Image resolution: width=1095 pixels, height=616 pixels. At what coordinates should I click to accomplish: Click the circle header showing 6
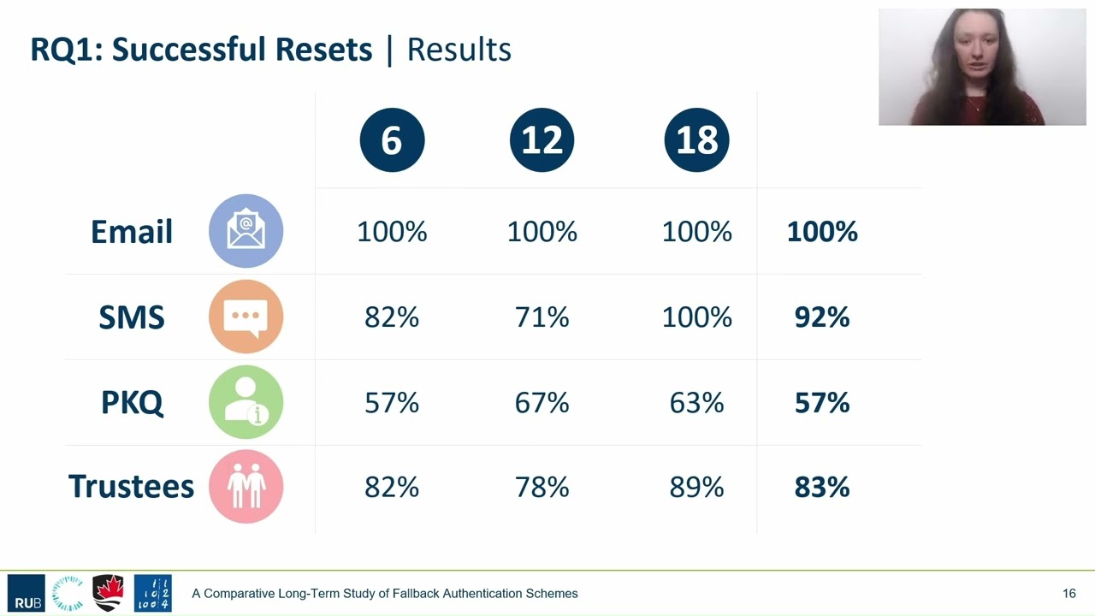click(x=392, y=139)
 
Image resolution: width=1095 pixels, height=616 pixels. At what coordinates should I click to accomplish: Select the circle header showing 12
click(x=542, y=139)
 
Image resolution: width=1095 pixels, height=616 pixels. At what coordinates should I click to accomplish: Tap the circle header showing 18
click(x=696, y=139)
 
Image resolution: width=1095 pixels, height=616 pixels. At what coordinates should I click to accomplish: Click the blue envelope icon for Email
click(x=246, y=231)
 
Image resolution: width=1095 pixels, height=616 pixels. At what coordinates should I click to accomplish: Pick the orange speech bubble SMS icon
click(x=246, y=317)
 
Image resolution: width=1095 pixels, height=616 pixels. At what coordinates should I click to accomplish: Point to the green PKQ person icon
click(x=246, y=402)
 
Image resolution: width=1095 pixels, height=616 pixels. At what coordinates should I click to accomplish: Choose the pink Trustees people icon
click(x=246, y=487)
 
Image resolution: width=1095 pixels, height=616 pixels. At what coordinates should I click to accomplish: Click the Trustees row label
click(x=131, y=487)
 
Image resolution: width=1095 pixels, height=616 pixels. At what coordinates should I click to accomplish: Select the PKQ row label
click(x=132, y=403)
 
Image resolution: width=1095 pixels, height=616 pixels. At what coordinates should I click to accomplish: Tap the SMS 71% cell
click(x=542, y=317)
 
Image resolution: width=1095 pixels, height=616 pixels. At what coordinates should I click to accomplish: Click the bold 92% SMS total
click(x=822, y=317)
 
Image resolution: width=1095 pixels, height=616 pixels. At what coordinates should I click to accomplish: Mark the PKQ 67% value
click(x=542, y=403)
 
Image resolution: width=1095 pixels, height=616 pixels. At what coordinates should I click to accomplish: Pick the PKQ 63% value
click(x=696, y=403)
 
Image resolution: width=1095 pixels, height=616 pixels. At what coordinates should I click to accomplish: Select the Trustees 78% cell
click(x=542, y=487)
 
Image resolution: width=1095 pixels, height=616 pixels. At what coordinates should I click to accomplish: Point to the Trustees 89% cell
click(x=696, y=487)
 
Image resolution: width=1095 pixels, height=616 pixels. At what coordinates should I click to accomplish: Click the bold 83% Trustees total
click(x=822, y=487)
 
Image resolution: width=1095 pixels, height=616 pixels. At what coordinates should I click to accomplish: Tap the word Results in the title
click(x=459, y=50)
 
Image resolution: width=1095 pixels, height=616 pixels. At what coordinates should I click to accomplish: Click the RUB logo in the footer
click(x=27, y=593)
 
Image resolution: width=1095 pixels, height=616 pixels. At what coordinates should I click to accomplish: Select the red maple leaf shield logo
click(x=108, y=593)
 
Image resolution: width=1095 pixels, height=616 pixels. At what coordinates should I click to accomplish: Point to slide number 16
click(x=1069, y=594)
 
